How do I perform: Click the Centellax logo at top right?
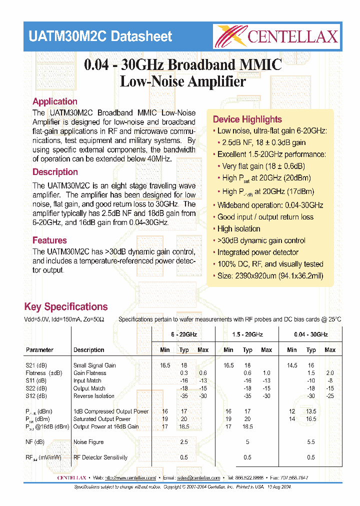point(276,36)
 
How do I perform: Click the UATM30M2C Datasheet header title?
point(100,36)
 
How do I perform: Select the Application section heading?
point(55,101)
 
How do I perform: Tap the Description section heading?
point(55,172)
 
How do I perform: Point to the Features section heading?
point(49,240)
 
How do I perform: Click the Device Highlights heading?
point(247,119)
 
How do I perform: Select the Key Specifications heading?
point(65,307)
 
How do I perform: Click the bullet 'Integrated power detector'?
point(257,252)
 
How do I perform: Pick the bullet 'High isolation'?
point(238,229)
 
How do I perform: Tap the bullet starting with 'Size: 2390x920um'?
point(270,276)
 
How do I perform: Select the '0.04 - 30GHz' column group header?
point(310,334)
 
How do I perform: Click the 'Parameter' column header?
point(39,350)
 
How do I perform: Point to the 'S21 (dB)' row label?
point(36,365)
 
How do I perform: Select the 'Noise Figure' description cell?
point(88,442)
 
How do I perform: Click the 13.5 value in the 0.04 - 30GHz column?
point(311,411)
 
